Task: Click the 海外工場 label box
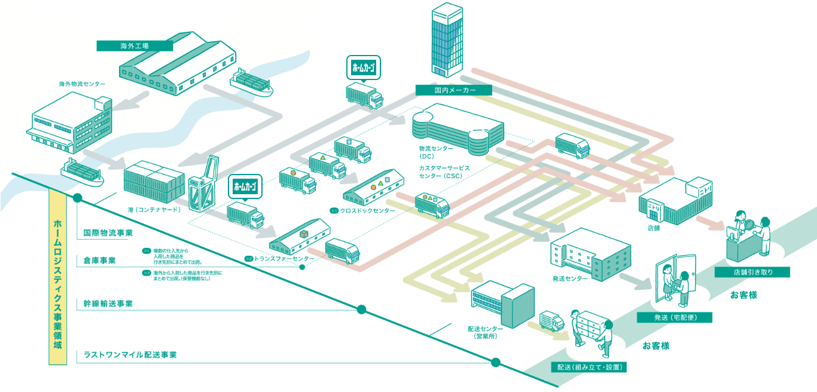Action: (x=135, y=45)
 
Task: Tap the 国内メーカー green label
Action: (x=454, y=90)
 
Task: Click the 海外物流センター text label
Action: (x=82, y=84)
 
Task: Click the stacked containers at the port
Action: (x=154, y=182)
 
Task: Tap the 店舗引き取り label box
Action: (x=752, y=272)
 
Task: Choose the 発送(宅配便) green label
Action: (x=675, y=317)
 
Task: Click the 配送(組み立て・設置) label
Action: (x=589, y=367)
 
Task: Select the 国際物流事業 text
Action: (x=108, y=232)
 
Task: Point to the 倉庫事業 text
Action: (x=100, y=261)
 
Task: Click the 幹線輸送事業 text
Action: (x=108, y=304)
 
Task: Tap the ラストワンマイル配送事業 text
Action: (x=130, y=354)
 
